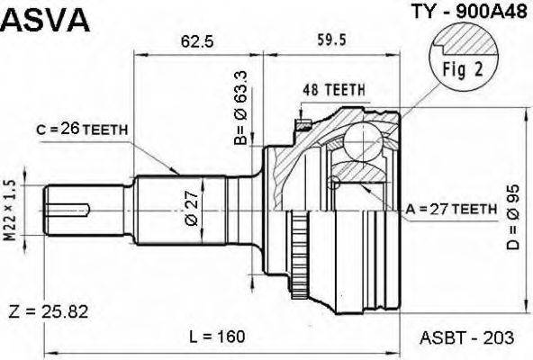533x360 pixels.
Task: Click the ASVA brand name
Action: point(46,20)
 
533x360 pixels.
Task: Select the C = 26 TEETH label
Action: point(82,130)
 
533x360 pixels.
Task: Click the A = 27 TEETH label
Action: point(451,209)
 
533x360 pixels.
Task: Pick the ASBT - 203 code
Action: point(467,337)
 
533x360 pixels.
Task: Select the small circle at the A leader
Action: point(335,184)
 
